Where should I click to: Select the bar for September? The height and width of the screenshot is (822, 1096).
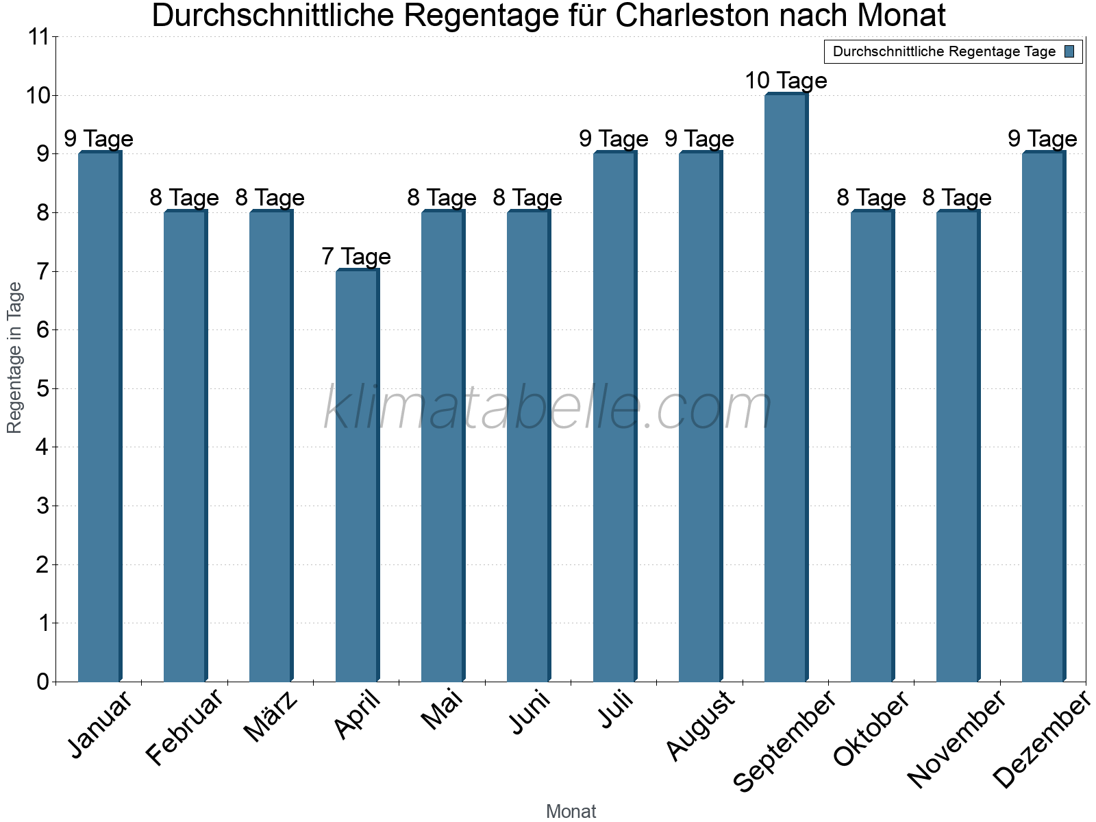[x=786, y=388]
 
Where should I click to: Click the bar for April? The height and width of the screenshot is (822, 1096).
[x=357, y=475]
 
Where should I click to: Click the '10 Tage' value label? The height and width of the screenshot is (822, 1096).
[x=786, y=81]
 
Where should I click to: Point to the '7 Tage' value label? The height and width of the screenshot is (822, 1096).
[x=356, y=257]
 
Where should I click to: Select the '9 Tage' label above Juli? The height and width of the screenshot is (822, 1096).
[x=614, y=139]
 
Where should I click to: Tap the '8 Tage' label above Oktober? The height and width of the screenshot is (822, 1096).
[x=871, y=198]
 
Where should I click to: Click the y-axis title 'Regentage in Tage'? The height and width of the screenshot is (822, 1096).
[x=15, y=358]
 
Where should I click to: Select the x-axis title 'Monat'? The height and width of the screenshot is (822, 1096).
[x=571, y=812]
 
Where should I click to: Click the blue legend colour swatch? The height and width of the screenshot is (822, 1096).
[x=1069, y=51]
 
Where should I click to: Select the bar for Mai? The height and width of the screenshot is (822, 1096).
[x=443, y=446]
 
